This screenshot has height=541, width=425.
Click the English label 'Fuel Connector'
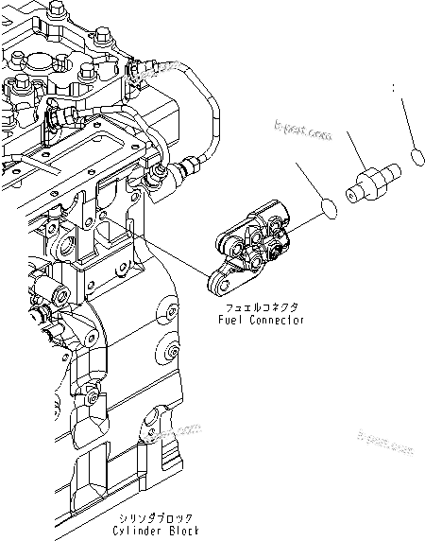[x=258, y=321]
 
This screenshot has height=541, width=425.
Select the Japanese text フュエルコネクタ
[x=258, y=308]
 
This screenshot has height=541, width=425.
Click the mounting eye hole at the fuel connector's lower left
[x=218, y=281]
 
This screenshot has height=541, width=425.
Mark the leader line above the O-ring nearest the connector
[x=310, y=180]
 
